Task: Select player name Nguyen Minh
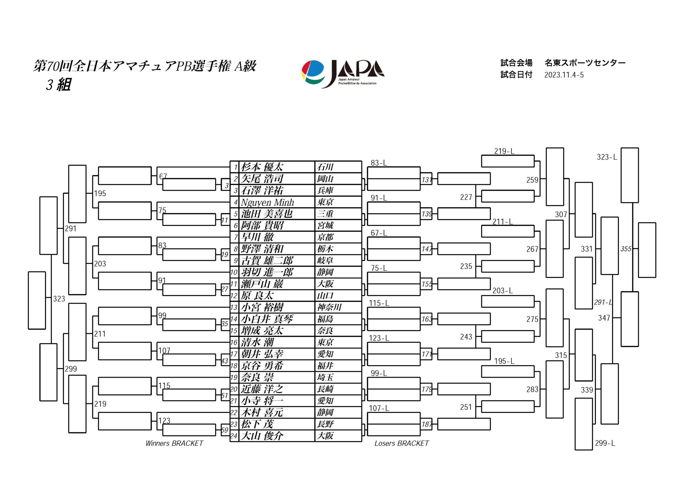point(267,202)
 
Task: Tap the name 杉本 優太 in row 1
point(262,167)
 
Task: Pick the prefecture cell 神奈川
point(329,307)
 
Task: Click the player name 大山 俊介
point(262,436)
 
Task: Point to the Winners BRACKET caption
point(174,443)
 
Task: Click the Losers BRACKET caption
point(402,443)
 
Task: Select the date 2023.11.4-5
point(564,75)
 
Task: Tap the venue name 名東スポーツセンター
point(585,63)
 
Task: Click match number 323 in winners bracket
point(59,299)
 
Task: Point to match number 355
point(626,249)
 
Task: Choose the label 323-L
point(607,157)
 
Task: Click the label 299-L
point(605,443)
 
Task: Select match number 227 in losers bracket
point(466,197)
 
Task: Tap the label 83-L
point(379,163)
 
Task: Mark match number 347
point(604,318)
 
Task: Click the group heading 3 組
point(59,85)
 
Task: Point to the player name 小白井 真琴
point(267,319)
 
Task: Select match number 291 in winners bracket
point(71,229)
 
